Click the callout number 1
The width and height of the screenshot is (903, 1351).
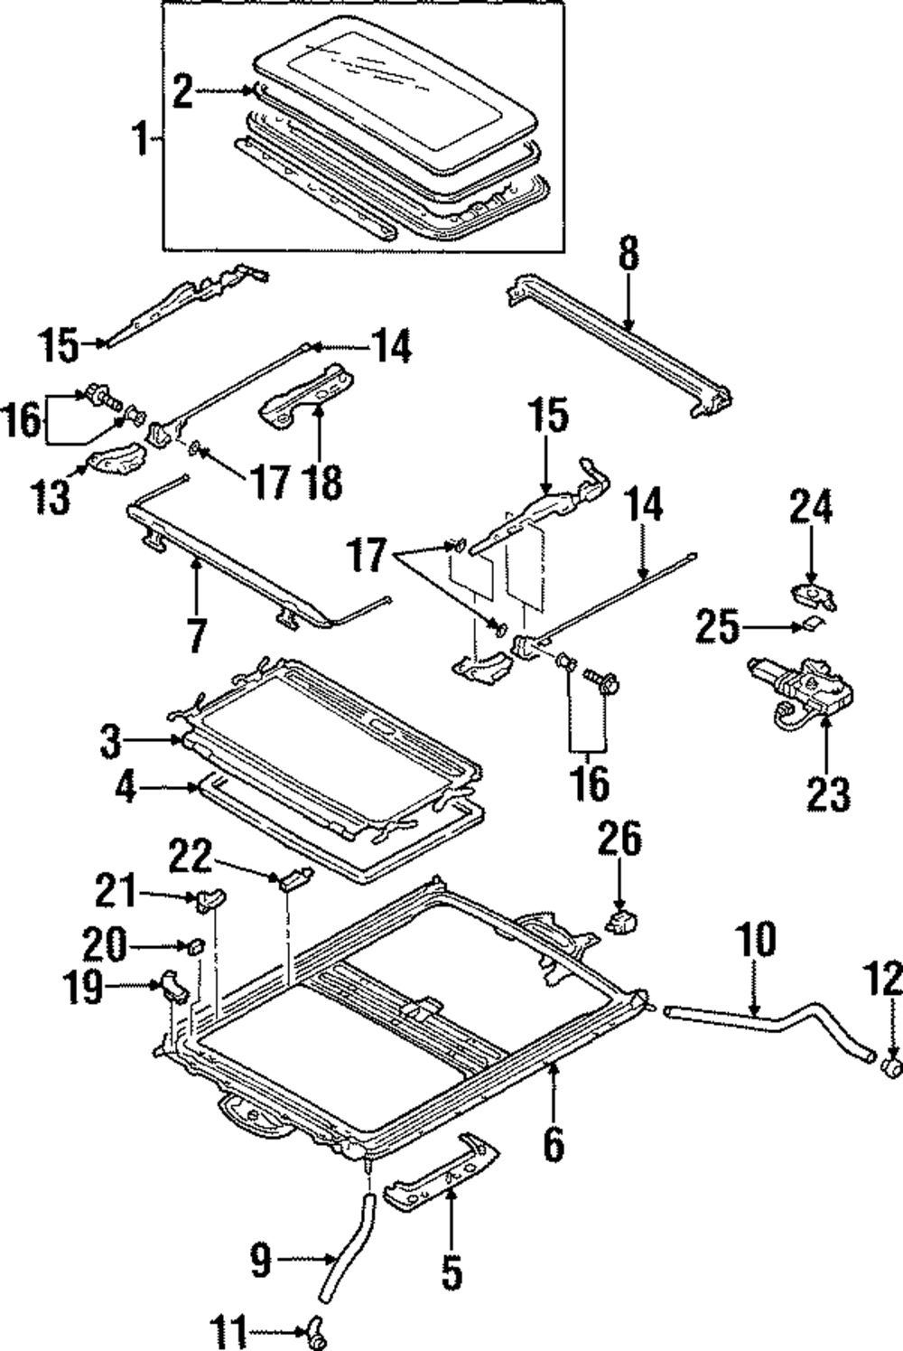(142, 139)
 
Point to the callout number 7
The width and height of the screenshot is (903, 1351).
(197, 633)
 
